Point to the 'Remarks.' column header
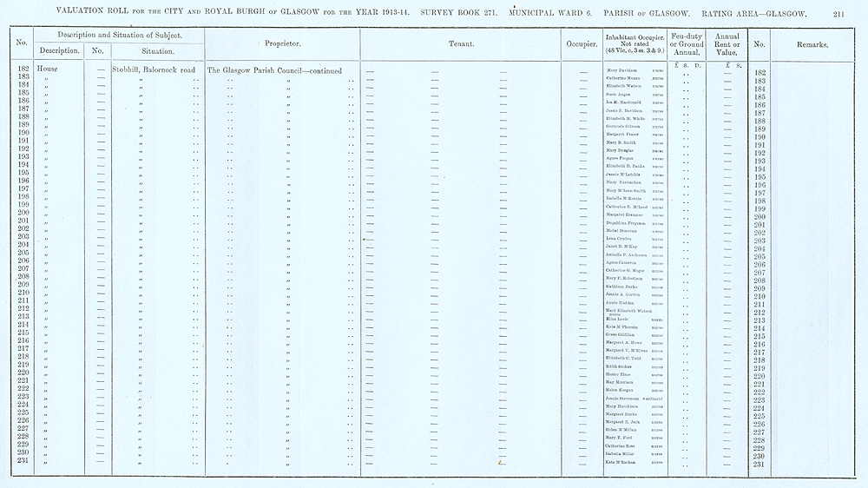point(812,43)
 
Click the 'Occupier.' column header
point(581,43)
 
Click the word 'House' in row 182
point(49,69)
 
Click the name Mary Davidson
point(623,69)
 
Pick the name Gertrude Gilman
point(625,126)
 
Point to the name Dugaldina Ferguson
point(628,223)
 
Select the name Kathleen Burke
point(623,286)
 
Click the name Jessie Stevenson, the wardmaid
point(628,399)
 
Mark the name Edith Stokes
point(621,366)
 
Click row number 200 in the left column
point(23,213)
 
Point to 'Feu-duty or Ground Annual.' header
point(686,43)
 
